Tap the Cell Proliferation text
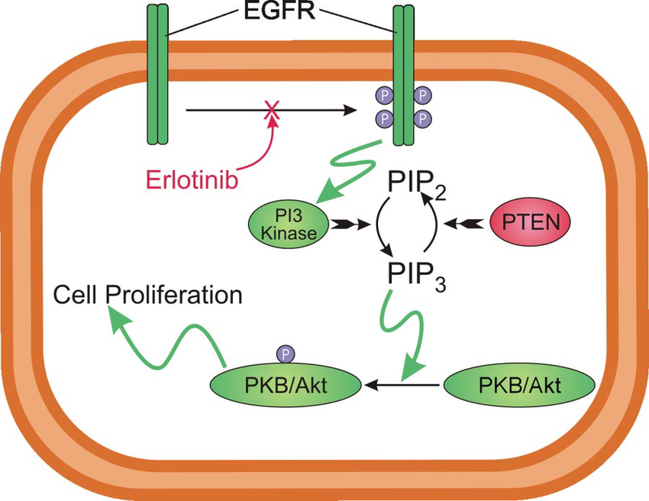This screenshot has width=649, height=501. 147,295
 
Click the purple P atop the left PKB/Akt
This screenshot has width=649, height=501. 286,353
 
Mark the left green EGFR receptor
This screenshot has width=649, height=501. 157,76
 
